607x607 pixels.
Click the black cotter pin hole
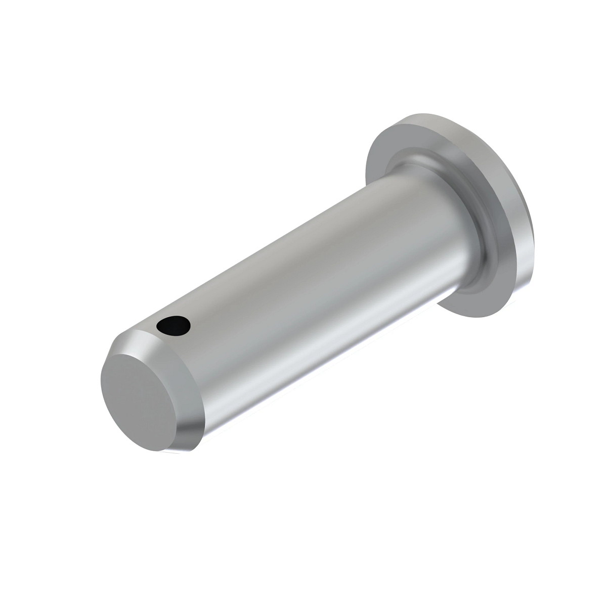(x=174, y=326)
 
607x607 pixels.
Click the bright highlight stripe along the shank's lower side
(x=324, y=354)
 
